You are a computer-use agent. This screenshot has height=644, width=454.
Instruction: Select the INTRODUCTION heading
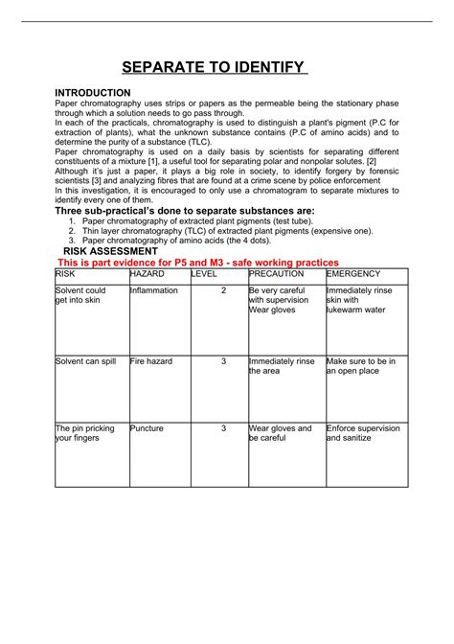(93, 92)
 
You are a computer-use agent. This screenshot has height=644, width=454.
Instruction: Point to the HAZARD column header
(148, 274)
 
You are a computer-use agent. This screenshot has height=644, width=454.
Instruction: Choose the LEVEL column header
(205, 274)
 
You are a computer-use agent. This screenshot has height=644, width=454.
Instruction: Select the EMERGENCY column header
(354, 274)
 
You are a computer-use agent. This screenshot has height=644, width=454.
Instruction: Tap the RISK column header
(66, 274)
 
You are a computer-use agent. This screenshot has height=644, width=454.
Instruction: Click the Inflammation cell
(154, 290)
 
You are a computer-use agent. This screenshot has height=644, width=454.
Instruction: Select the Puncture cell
(148, 428)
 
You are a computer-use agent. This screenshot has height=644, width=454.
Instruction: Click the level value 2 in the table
(223, 290)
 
